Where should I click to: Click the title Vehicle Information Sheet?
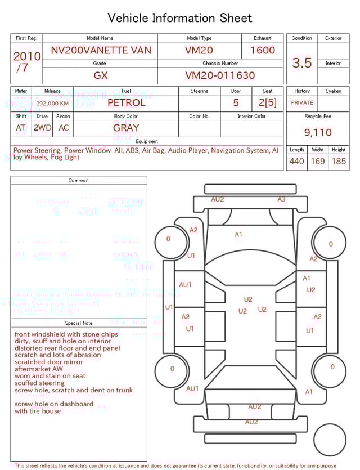[179, 18]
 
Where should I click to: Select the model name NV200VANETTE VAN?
[101, 50]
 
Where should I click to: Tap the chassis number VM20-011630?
[220, 75]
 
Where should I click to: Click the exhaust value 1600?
[262, 50]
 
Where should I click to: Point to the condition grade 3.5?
[302, 62]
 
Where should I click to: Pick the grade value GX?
[101, 75]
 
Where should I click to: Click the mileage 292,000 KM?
[52, 104]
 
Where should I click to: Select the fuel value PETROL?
[126, 102]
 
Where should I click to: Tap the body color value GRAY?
[126, 128]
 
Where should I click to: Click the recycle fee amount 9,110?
[318, 132]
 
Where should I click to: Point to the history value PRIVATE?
[302, 102]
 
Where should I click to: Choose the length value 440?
[296, 161]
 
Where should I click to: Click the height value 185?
[339, 161]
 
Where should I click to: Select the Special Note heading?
[79, 323]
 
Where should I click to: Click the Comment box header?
[79, 180]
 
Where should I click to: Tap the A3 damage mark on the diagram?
[281, 199]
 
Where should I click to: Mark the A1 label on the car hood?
[238, 234]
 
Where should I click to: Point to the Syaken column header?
[333, 91]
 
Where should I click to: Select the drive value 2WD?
[42, 128]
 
